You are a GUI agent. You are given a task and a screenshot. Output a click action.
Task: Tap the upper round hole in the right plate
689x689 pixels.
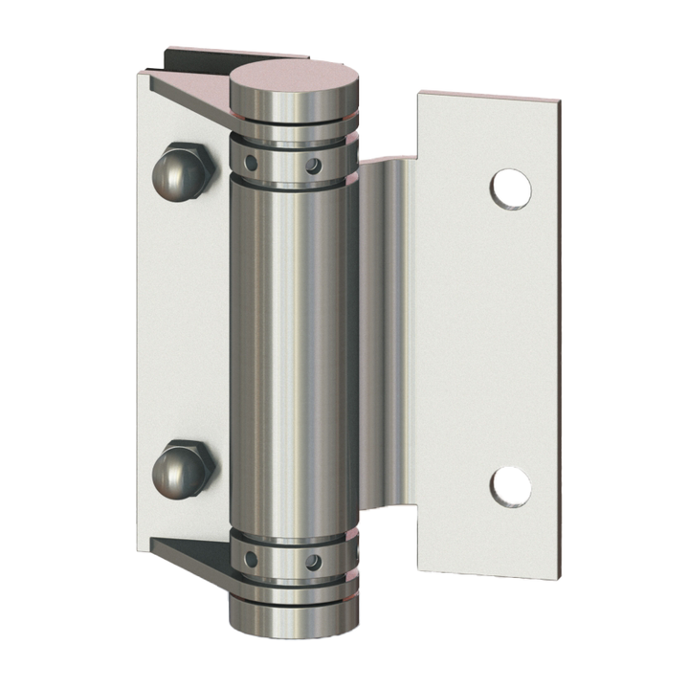(x=511, y=189)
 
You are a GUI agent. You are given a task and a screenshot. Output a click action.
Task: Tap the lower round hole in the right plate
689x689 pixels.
(x=511, y=486)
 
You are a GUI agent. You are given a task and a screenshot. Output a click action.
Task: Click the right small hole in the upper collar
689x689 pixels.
(x=311, y=166)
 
